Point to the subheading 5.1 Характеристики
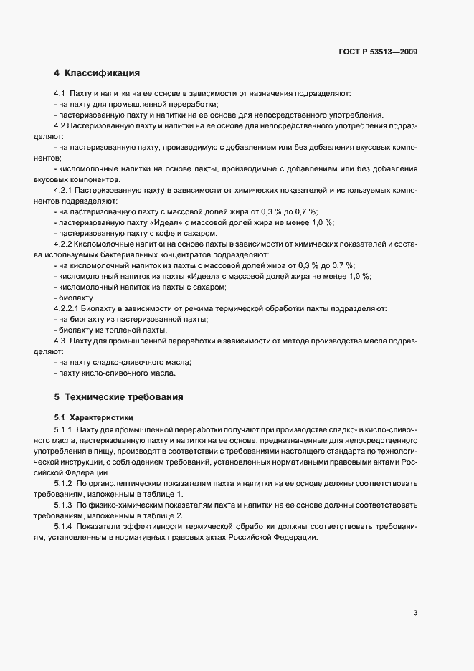tap(90, 417)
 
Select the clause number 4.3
tap(60, 341)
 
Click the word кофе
tap(158, 233)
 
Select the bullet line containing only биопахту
tap(75, 298)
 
